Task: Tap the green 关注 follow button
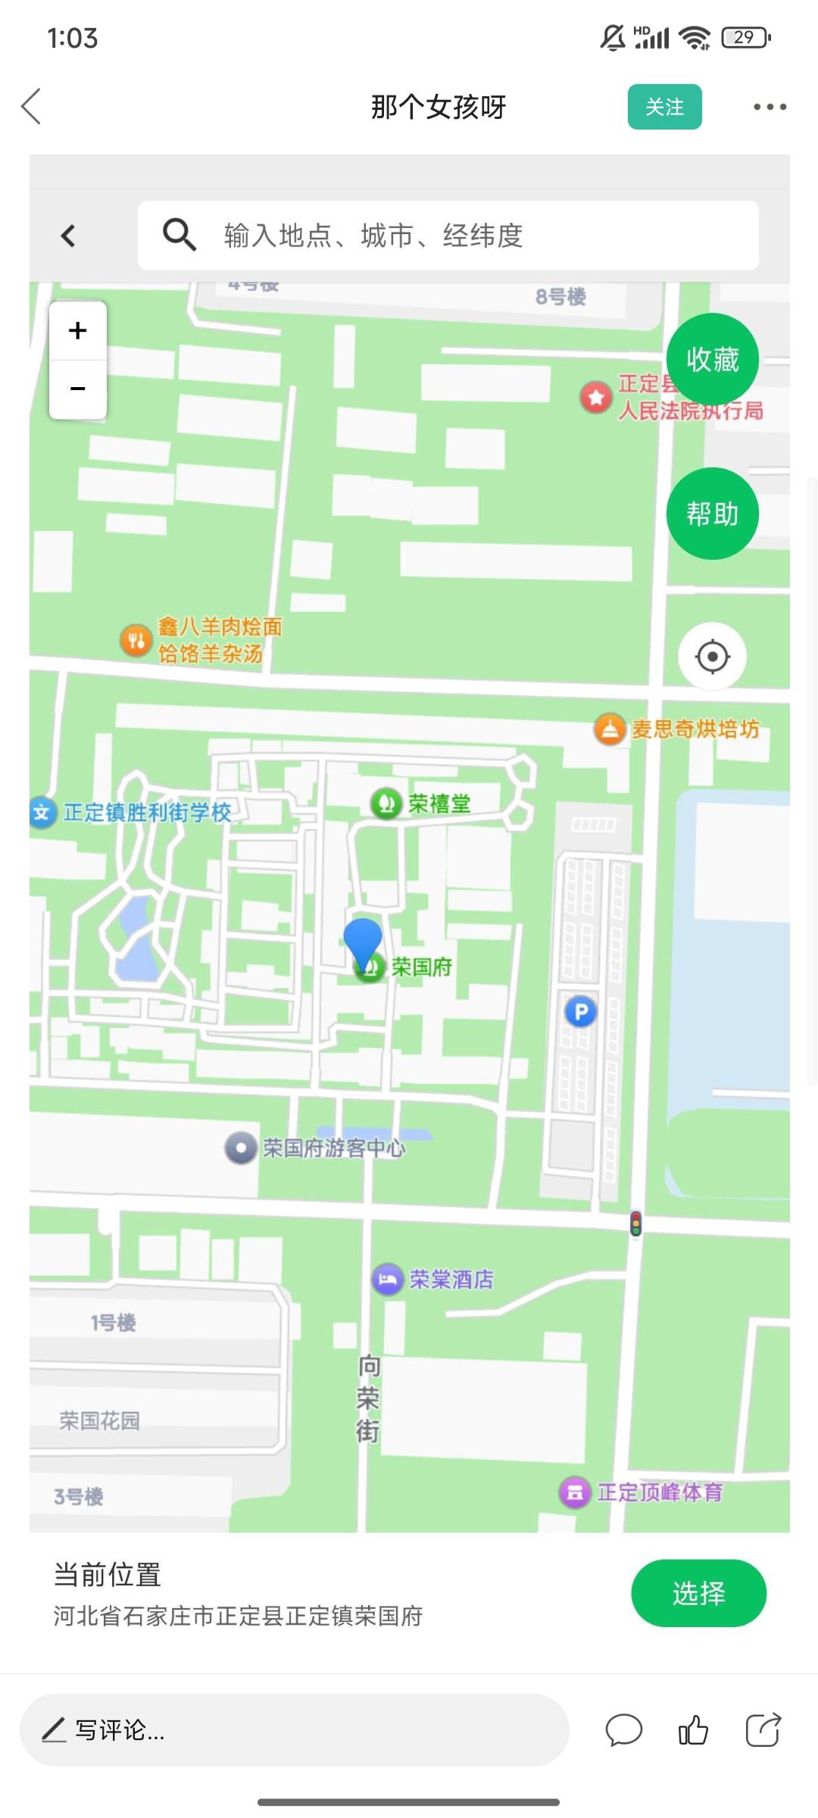664,107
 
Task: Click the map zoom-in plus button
77,331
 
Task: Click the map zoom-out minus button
77,389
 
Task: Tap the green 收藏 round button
712,359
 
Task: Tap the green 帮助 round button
712,514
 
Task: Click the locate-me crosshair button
712,656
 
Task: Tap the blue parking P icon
581,1012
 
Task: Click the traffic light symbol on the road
635,1223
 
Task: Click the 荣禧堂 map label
439,804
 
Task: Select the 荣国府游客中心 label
333,1148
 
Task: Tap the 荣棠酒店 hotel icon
388,1280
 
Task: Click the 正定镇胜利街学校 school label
147,813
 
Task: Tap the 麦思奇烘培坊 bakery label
695,729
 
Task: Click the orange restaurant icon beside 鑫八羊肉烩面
136,641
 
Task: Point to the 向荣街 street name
368,1398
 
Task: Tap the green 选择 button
698,1593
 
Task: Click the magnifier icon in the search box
180,235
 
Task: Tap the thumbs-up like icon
693,1730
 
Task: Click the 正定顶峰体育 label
659,1492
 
